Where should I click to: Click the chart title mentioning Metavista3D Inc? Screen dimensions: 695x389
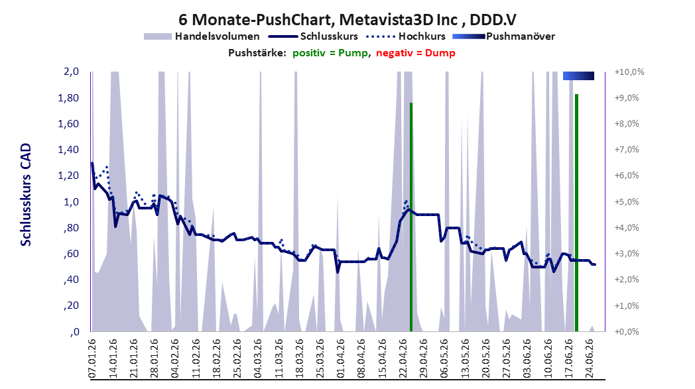click(x=347, y=19)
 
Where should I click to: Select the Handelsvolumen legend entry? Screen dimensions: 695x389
click(x=202, y=36)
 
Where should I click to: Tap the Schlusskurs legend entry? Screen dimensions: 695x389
click(x=313, y=36)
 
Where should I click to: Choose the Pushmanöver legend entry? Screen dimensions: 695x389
click(x=503, y=36)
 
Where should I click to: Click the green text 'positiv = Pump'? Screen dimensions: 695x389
click(x=330, y=53)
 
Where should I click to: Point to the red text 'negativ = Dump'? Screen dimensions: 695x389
click(x=416, y=53)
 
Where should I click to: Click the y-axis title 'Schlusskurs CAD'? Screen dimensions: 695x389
click(x=26, y=195)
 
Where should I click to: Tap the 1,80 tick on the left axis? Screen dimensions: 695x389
click(x=68, y=97)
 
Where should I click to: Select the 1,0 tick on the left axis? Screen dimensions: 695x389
click(x=72, y=201)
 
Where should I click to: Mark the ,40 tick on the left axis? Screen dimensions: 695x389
click(x=71, y=280)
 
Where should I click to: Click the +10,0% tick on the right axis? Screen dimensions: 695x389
click(x=629, y=72)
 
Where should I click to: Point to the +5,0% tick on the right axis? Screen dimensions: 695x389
click(x=627, y=201)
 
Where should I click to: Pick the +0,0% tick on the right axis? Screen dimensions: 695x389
click(x=627, y=331)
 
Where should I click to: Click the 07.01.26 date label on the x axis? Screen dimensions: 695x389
click(x=92, y=358)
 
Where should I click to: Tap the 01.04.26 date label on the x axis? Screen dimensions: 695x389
click(x=340, y=358)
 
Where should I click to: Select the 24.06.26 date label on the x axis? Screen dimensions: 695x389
click(x=590, y=358)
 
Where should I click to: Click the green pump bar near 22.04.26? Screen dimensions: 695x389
click(x=411, y=217)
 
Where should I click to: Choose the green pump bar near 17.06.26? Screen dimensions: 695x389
click(x=577, y=213)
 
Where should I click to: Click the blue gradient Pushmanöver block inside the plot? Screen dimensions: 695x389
click(x=578, y=76)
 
